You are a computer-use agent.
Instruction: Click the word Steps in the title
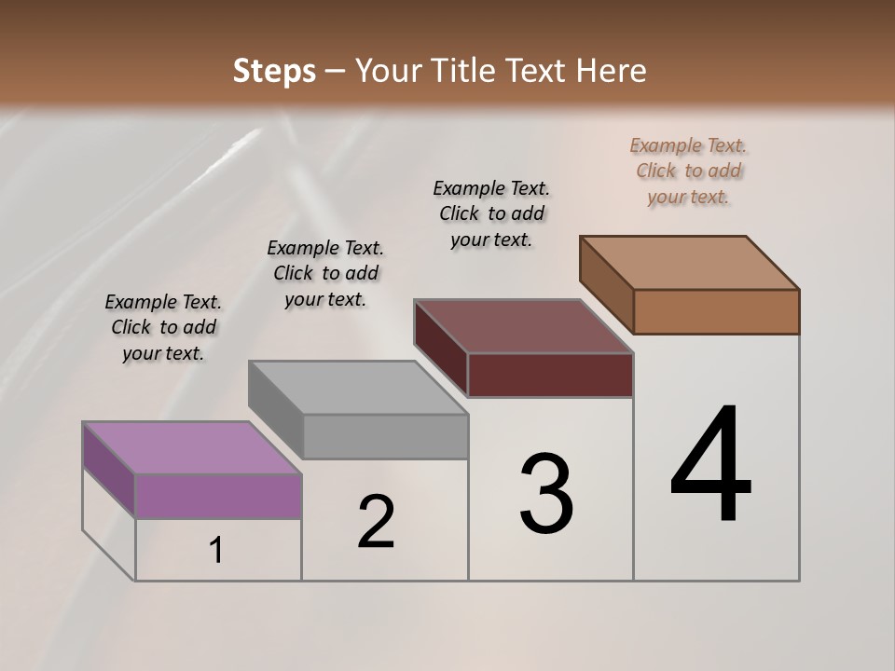tap(274, 71)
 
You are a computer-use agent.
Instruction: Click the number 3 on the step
tap(546, 494)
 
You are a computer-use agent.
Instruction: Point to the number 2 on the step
tap(376, 522)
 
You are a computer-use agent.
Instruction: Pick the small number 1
tap(216, 551)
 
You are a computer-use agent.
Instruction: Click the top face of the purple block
tap(191, 447)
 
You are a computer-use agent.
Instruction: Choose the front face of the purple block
tap(218, 496)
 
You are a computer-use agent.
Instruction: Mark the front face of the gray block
tap(385, 436)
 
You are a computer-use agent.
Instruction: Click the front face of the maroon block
tap(550, 375)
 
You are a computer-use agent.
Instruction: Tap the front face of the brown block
tap(716, 311)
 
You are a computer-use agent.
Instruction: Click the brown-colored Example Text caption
tap(688, 171)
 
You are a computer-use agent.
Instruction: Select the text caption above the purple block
tap(163, 327)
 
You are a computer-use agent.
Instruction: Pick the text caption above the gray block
tap(325, 273)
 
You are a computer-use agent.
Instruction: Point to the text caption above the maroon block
tap(491, 213)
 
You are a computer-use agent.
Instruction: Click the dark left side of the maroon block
tap(441, 347)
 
